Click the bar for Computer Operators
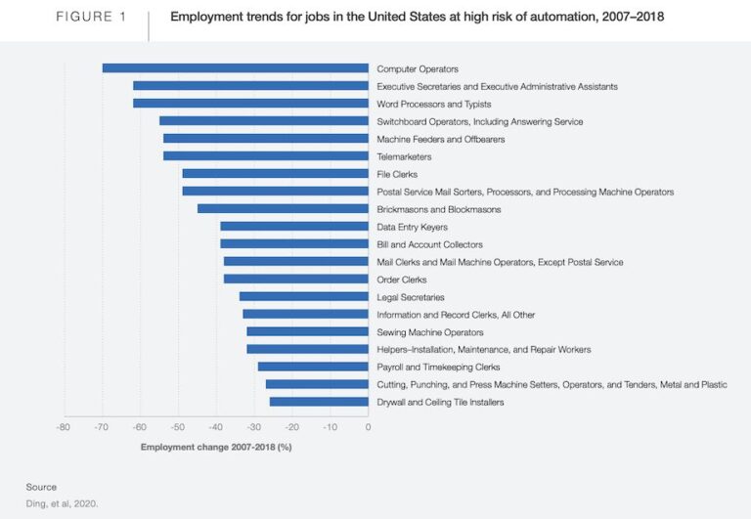point(235,68)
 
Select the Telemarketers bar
point(266,156)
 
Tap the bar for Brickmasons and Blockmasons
point(283,209)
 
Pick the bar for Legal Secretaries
point(303,296)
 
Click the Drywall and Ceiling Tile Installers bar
point(319,402)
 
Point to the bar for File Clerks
point(275,174)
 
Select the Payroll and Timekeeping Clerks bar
point(313,367)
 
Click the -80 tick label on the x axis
point(63,427)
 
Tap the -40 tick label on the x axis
point(215,427)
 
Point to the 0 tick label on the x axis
point(368,427)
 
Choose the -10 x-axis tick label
point(330,427)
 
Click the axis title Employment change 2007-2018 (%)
point(216,447)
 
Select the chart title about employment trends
point(417,17)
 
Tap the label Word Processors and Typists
point(433,104)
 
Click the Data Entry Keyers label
point(412,227)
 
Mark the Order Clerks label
point(402,280)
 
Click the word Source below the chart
point(41,487)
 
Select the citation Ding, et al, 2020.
point(62,504)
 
